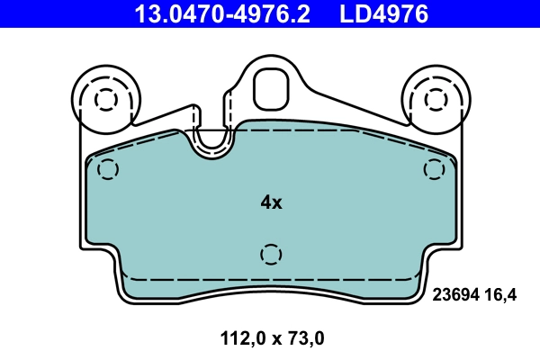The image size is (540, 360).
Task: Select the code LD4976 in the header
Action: click(382, 13)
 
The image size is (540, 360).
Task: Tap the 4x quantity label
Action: click(271, 202)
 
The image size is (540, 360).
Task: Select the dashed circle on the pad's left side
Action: click(108, 168)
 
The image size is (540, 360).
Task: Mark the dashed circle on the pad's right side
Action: click(435, 168)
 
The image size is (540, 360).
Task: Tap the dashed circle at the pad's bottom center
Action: click(271, 255)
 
